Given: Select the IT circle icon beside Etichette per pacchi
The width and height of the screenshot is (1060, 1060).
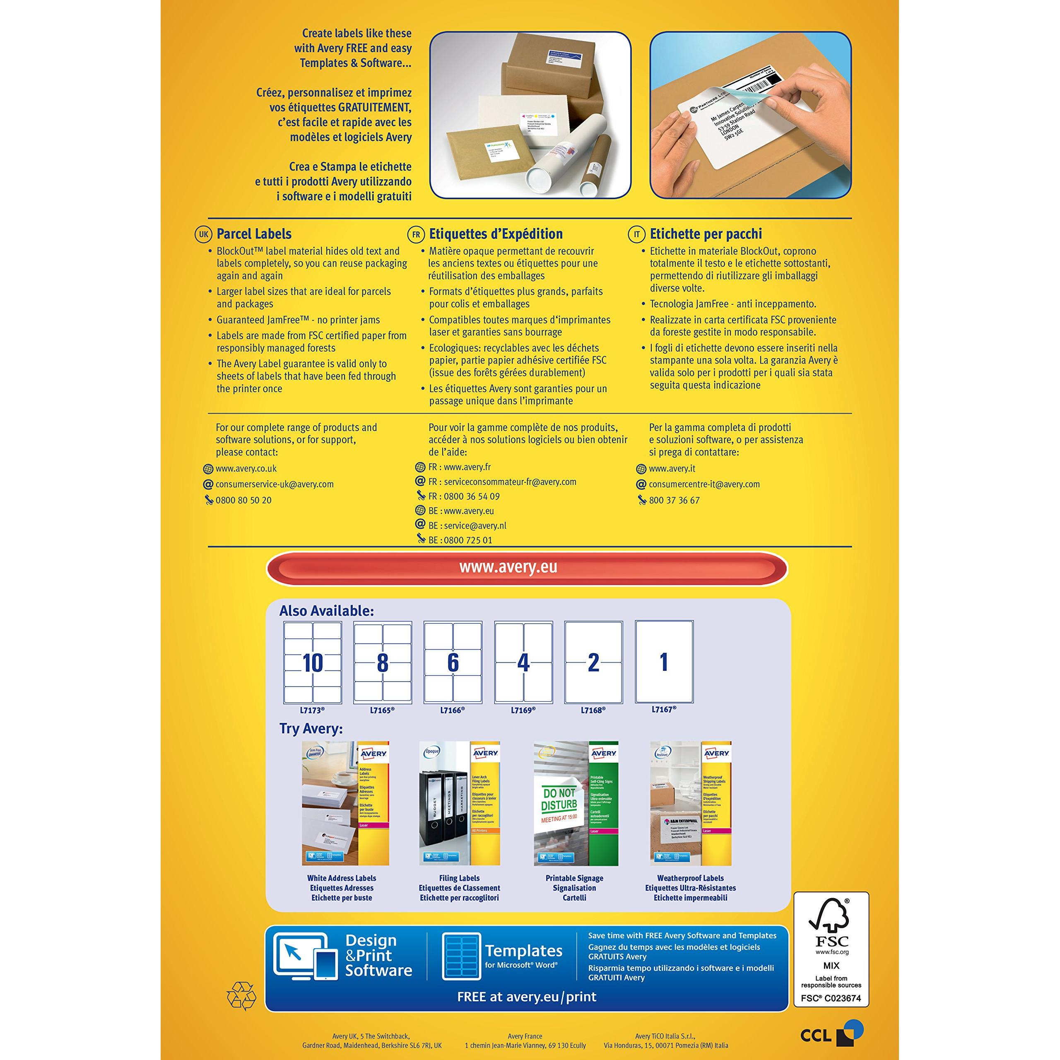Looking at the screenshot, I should tap(636, 234).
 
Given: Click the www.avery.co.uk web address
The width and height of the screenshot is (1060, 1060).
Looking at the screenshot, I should tap(246, 469).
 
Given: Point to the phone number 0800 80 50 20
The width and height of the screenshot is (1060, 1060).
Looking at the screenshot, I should tap(243, 500).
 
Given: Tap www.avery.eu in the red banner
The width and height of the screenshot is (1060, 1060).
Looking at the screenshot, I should tap(508, 567).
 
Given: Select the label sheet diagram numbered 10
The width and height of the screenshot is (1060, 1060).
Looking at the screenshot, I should tap(312, 662).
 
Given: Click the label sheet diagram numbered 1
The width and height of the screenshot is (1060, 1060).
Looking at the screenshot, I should tap(664, 662).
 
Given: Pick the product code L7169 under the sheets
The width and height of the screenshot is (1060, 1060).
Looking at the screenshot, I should tap(523, 710).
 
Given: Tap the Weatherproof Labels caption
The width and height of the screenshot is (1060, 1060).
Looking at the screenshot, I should tap(690, 878).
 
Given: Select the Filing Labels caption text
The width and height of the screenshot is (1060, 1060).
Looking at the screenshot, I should tap(459, 878).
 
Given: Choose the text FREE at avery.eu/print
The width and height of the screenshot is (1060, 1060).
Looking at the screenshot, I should tap(526, 996).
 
